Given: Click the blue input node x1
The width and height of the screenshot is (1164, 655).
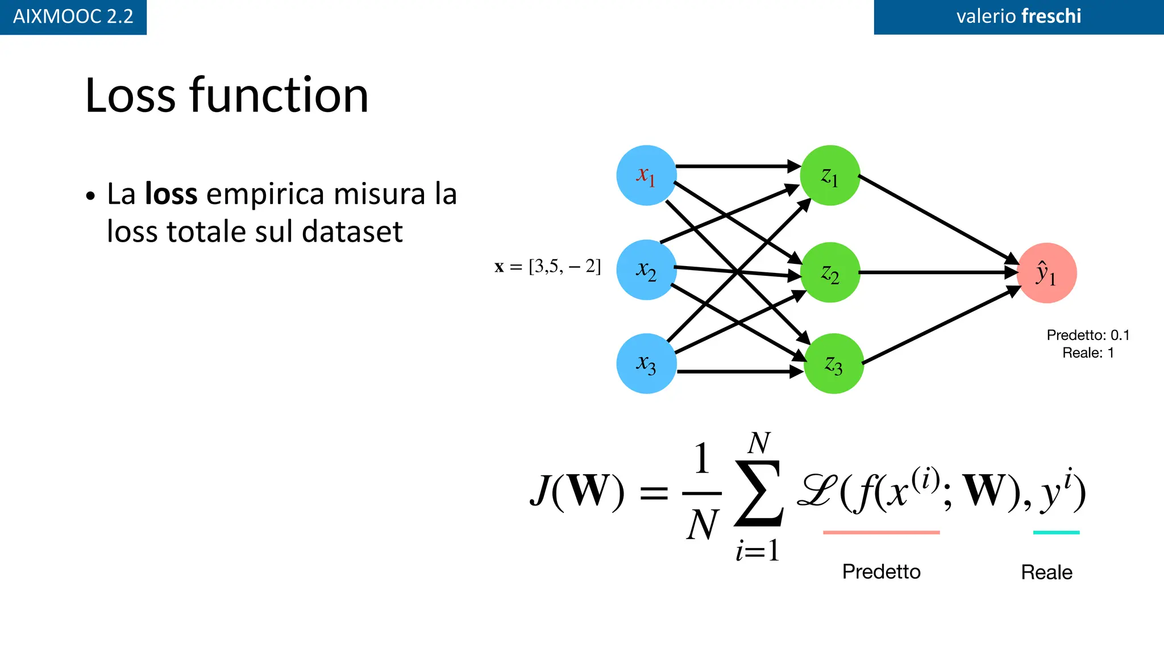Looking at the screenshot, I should [646, 175].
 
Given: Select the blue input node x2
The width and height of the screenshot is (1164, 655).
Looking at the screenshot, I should [646, 270].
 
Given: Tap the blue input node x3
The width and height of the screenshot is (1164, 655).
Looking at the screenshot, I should [646, 363].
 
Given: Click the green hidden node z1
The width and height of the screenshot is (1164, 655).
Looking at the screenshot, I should [830, 175].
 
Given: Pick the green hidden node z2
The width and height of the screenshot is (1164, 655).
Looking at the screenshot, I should [830, 272].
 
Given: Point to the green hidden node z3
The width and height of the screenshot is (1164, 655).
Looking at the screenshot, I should [834, 363].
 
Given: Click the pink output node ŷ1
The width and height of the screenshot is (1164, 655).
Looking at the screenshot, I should [1046, 273].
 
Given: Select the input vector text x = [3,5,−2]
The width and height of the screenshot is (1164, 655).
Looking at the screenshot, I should [547, 266].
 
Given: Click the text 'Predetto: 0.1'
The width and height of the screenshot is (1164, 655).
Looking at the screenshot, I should [1088, 335].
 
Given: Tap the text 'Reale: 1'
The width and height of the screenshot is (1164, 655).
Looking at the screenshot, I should [1088, 353].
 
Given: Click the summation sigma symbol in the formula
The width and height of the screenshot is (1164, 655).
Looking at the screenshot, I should [759, 493].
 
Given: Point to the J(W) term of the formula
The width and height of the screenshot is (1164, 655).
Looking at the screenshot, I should [577, 491].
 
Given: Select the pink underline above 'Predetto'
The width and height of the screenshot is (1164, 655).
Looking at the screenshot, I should [881, 532].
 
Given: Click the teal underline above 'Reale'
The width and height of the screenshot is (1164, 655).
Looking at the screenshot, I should [1056, 532].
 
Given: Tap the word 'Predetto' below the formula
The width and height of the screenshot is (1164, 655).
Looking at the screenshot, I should [881, 571].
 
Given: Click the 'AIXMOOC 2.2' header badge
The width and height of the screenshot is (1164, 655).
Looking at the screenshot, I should [73, 16].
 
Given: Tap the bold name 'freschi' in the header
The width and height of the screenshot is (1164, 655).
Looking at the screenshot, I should [1051, 16].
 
